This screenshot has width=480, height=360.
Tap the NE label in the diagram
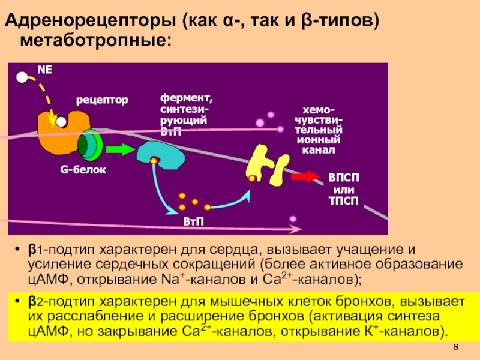point(45,70)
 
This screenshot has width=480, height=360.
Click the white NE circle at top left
point(22,77)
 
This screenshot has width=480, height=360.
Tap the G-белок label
point(83,170)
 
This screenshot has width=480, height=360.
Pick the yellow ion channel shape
point(268,164)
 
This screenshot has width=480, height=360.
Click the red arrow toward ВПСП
point(307,177)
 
